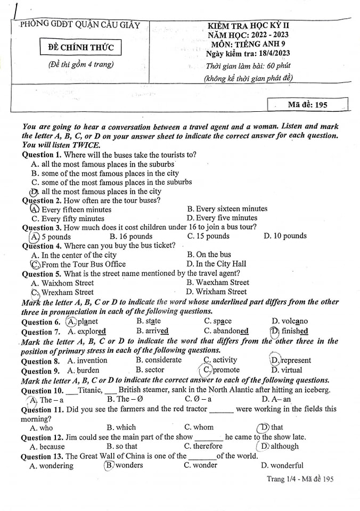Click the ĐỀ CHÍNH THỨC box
[x=81, y=48]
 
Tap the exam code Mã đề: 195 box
[x=307, y=104]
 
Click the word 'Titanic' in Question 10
[x=89, y=390]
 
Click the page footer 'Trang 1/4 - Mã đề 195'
[x=300, y=479]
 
